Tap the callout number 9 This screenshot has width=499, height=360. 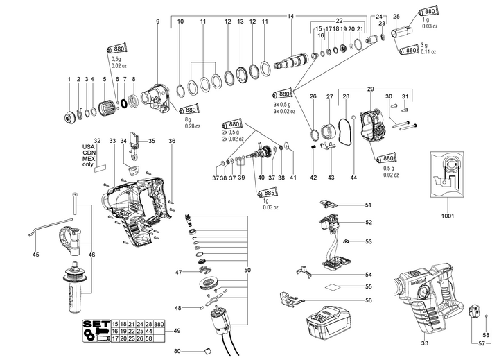click(x=157, y=22)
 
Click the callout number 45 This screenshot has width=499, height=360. click(x=36, y=255)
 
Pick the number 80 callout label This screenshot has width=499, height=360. click(x=177, y=352)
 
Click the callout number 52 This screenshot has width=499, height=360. click(x=369, y=222)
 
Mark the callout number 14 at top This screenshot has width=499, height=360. click(x=290, y=16)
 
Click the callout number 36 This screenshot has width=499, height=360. click(x=172, y=141)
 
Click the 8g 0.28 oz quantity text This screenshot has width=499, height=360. click(x=190, y=123)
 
